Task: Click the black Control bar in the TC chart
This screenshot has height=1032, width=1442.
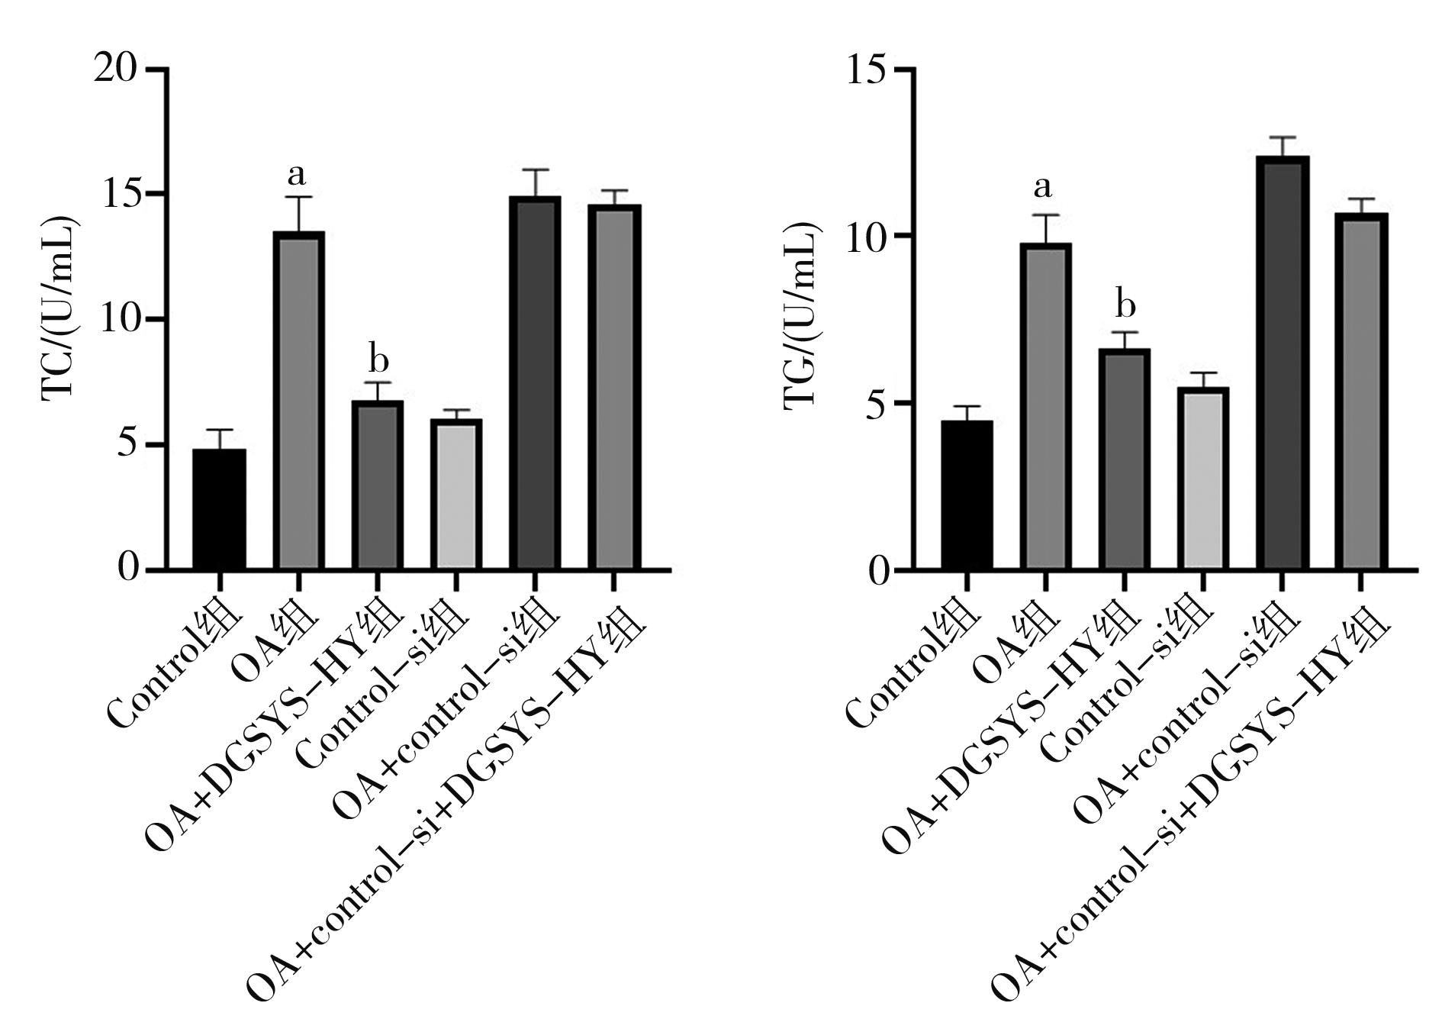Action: click(x=219, y=509)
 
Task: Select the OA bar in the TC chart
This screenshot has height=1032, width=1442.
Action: click(x=298, y=401)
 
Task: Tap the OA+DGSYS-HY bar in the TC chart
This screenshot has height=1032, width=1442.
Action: click(x=377, y=485)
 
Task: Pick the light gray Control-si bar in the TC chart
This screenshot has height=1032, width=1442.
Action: click(x=455, y=495)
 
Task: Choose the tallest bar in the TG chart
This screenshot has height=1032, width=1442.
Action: click(x=1282, y=363)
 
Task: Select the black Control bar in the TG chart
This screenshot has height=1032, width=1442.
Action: click(x=967, y=495)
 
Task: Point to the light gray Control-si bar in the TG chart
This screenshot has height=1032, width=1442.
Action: click(x=1203, y=479)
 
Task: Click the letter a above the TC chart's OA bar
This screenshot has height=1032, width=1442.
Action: click(x=297, y=176)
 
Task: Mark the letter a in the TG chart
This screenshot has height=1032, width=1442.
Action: click(x=1043, y=186)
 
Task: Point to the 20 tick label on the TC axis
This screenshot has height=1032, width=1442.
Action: click(x=116, y=69)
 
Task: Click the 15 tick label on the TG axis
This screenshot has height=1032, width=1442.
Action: click(x=868, y=69)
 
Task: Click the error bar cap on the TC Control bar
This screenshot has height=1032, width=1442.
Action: click(x=219, y=431)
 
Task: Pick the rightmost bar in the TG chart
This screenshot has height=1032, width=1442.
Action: click(x=1360, y=392)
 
